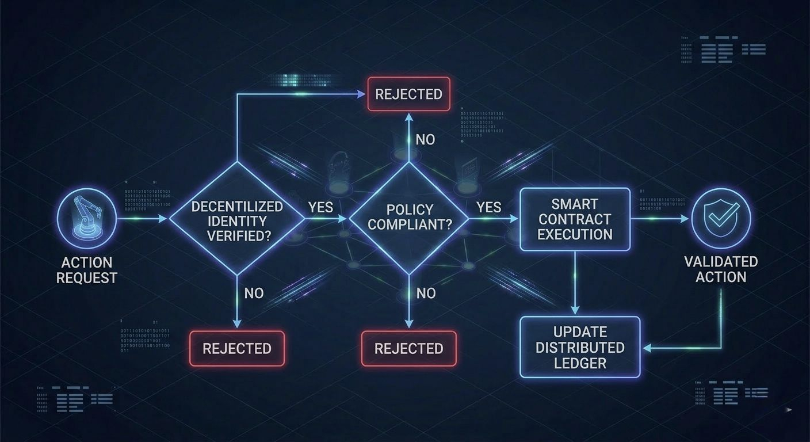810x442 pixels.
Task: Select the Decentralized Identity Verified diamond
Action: [236, 219]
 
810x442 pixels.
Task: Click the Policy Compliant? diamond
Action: [409, 218]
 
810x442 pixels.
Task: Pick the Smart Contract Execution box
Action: [574, 219]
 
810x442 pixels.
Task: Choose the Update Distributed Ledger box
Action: [580, 347]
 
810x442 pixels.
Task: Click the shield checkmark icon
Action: [720, 218]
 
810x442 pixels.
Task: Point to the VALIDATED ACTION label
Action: [721, 269]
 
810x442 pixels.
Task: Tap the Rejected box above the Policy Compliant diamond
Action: [408, 94]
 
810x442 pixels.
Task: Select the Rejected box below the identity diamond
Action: [236, 348]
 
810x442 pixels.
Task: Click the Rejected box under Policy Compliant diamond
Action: [408, 348]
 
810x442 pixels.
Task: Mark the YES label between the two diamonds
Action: [321, 207]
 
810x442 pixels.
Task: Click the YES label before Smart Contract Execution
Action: [489, 207]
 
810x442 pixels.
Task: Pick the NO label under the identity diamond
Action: [254, 293]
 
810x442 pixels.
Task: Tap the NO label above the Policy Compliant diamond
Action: [425, 139]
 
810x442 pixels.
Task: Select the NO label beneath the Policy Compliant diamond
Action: [426, 294]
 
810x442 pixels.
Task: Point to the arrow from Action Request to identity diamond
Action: [142, 219]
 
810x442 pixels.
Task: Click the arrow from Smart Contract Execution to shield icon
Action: [659, 219]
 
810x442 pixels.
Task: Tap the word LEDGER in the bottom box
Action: [580, 363]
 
